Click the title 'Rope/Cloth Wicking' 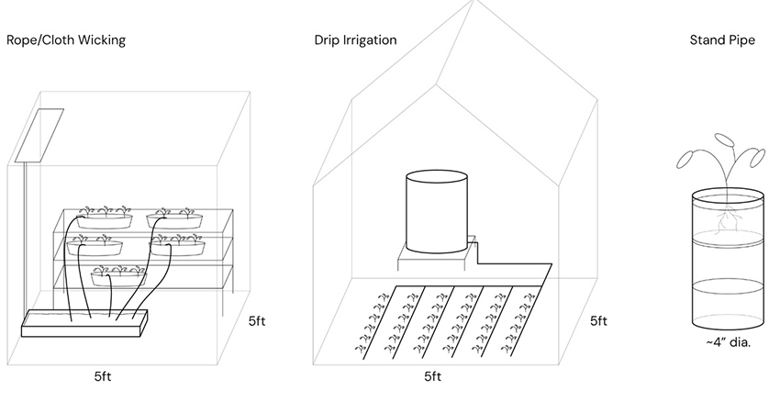tap(66, 40)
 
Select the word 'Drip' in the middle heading tap(328, 40)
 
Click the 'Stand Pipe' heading tap(722, 40)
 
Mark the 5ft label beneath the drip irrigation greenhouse tap(433, 376)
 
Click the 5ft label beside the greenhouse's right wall tap(598, 321)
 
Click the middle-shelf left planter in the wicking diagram tap(94, 246)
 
